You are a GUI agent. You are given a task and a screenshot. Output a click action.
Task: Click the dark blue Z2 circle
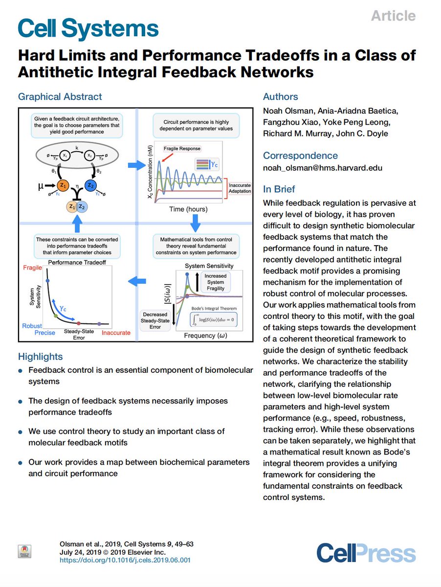[90, 185]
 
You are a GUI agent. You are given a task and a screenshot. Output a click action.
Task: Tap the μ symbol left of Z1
[42, 186]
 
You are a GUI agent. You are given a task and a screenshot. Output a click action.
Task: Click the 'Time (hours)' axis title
[188, 209]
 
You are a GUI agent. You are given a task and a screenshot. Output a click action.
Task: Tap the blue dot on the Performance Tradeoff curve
[47, 280]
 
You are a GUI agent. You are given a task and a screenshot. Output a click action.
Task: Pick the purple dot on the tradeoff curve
[99, 324]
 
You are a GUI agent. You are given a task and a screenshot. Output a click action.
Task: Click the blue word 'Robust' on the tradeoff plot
[32, 326]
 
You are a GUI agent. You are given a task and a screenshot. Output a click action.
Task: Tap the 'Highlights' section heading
[41, 357]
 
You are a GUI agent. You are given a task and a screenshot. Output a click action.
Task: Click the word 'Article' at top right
[393, 16]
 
